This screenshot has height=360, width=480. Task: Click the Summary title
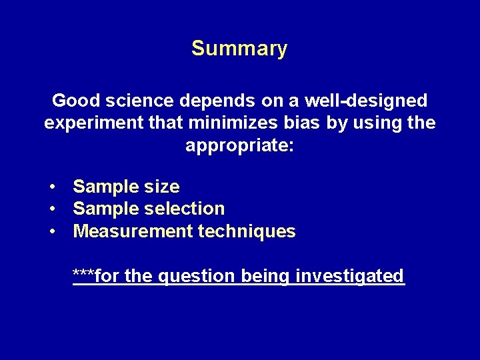pyautogui.click(x=239, y=49)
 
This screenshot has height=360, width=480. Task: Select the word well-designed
pyautogui.click(x=366, y=101)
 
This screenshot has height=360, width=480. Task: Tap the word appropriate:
pyautogui.click(x=239, y=146)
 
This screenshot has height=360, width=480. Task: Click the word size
pyautogui.click(x=161, y=187)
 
